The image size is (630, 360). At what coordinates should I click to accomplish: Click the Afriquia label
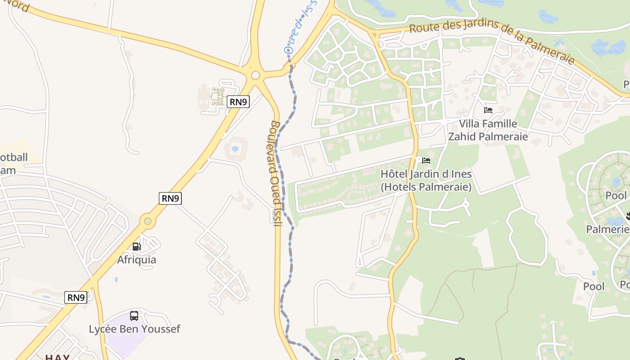click(x=137, y=260)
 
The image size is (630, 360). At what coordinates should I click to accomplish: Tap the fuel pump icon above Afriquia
click(x=137, y=246)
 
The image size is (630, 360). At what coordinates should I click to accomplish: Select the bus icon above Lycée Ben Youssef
click(x=134, y=315)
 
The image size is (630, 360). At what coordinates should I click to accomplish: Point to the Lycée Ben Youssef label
click(x=134, y=329)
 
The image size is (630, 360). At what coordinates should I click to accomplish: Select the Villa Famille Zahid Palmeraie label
click(x=488, y=130)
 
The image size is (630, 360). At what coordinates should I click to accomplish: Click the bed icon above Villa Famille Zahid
click(x=488, y=110)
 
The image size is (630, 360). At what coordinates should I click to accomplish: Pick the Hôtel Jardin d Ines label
click(x=426, y=180)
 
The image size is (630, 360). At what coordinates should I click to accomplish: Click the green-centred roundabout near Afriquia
click(x=148, y=221)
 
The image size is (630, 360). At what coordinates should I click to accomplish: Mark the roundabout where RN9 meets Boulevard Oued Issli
click(x=256, y=75)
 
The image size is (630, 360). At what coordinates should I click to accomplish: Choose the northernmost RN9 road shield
click(x=238, y=102)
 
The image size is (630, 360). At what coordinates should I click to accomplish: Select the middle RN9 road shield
click(x=171, y=198)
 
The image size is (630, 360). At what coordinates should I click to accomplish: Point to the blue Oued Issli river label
click(x=300, y=27)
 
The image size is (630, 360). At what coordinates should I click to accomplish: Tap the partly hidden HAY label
click(x=57, y=357)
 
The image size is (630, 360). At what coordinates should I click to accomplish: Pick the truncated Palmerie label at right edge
click(x=607, y=229)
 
